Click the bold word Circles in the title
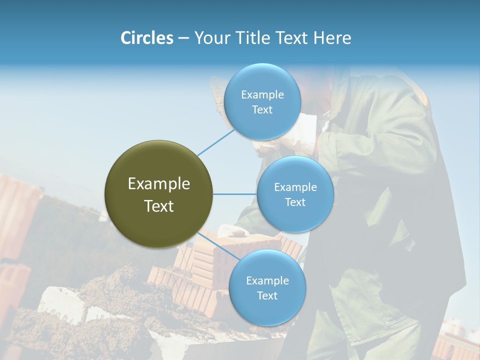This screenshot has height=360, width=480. (x=147, y=38)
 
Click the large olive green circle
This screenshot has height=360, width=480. (x=159, y=194)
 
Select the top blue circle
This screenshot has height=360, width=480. (x=262, y=101)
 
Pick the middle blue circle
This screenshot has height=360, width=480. (x=295, y=194)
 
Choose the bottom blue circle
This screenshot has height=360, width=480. (x=267, y=287)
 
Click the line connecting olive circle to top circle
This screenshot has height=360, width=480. (x=216, y=142)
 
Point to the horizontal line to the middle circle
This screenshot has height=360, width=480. (x=234, y=194)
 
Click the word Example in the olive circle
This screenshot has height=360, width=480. (x=159, y=184)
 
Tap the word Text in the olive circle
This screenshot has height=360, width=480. (x=159, y=206)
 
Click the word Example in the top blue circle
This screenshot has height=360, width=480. (x=262, y=94)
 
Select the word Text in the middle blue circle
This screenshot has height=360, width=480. (x=295, y=202)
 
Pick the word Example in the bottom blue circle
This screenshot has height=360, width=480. (x=267, y=280)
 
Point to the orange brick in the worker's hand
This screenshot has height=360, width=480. (x=250, y=240)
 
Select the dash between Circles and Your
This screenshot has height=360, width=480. (x=183, y=38)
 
